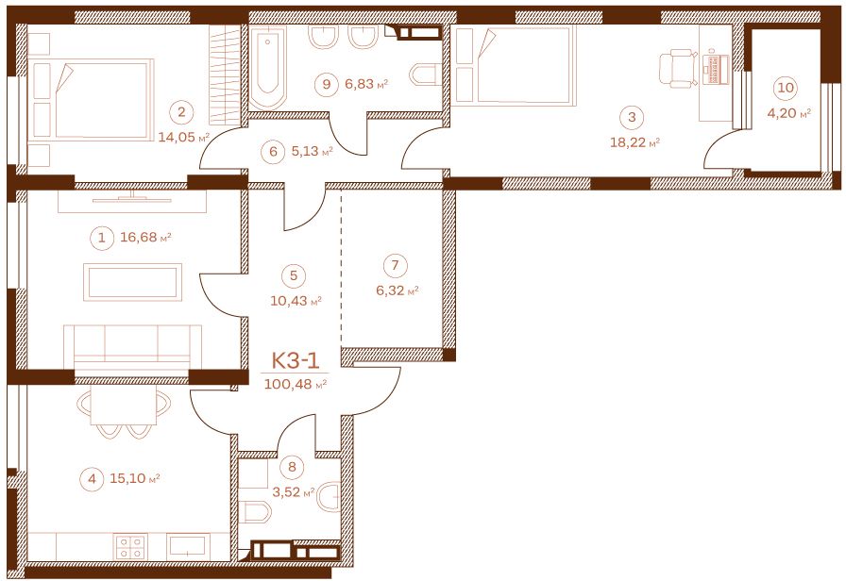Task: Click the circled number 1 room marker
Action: [102, 237]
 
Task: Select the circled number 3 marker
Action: [632, 117]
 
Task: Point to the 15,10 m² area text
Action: [135, 478]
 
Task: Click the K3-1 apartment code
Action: [296, 359]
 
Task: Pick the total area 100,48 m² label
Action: [296, 384]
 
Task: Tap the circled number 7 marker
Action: [396, 265]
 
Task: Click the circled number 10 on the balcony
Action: [787, 88]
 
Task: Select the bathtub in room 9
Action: [267, 67]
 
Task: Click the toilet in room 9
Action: [426, 75]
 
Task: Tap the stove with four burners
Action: [130, 547]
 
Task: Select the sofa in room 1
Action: [132, 347]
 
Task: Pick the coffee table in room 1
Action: [133, 282]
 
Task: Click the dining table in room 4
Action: [124, 406]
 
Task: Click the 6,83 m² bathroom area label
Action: [366, 84]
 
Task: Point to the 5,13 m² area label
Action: [312, 152]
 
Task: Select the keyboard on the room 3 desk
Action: [717, 68]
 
